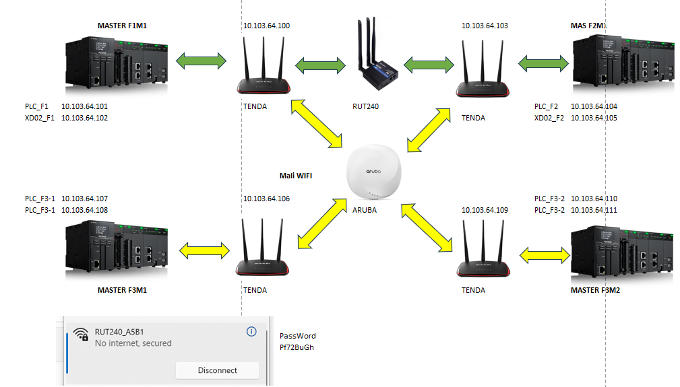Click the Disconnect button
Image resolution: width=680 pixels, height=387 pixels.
coord(217,370)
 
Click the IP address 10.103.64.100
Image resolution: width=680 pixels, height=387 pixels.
coord(266,26)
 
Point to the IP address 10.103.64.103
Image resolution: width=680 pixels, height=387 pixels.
coord(485,26)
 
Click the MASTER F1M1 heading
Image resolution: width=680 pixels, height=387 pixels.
coord(122,26)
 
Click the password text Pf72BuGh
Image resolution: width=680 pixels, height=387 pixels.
coord(297,348)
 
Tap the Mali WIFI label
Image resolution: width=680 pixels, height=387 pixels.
coord(297,176)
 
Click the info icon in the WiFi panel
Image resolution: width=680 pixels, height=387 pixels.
coord(251,332)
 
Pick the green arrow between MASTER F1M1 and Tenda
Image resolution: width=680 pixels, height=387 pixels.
coord(201,62)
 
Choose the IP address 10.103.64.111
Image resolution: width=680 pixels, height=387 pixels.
coord(594,210)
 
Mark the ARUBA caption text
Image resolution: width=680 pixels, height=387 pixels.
coord(365,210)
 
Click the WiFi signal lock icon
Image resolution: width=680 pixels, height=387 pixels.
coord(81,334)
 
